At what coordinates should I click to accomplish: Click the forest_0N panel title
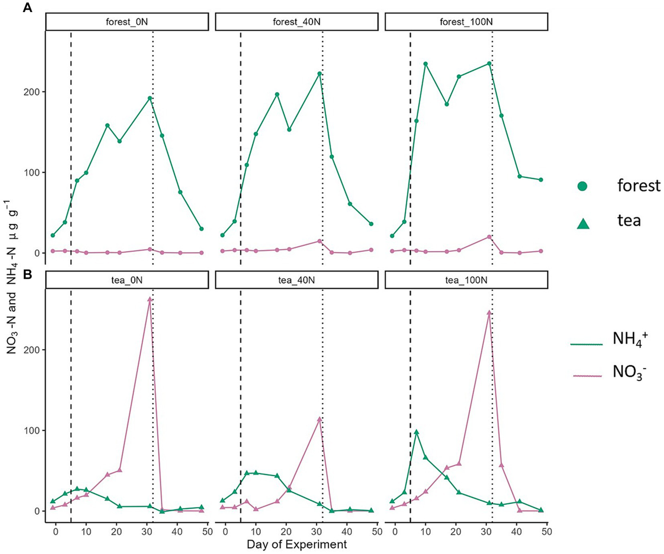point(127,22)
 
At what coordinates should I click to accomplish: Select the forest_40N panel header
point(296,22)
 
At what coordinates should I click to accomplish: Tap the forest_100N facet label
point(466,22)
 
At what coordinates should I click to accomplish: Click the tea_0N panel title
point(127,280)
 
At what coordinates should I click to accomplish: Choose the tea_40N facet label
point(296,280)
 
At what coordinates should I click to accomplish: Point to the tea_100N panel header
point(466,280)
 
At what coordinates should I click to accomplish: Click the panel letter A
point(27,8)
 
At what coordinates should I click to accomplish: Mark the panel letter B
point(27,274)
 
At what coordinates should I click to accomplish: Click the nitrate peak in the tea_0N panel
point(150,299)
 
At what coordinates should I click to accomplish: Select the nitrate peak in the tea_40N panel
point(319,419)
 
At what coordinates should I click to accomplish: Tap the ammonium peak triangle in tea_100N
point(416,432)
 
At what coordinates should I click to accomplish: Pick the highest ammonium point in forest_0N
point(150,98)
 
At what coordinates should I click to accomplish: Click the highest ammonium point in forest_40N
point(319,74)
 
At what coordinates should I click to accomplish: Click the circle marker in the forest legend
point(583,187)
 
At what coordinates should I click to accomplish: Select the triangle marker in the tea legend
point(583,223)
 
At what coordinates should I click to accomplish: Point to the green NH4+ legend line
point(586,344)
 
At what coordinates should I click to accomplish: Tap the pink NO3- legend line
point(587,376)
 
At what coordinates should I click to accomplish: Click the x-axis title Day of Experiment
point(297,544)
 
